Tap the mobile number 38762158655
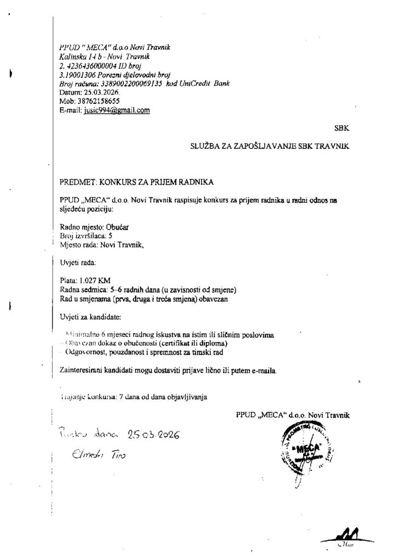(x=97, y=101)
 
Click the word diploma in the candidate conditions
(x=211, y=343)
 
